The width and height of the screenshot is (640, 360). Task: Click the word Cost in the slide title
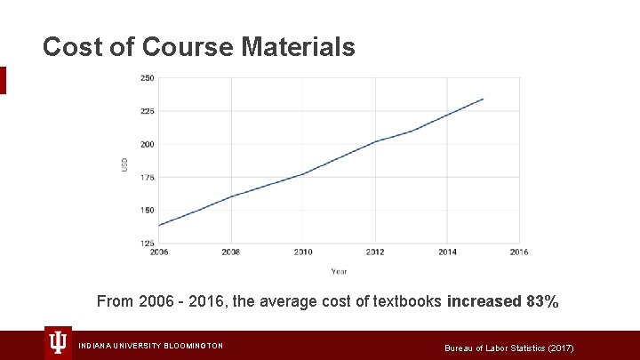point(76,47)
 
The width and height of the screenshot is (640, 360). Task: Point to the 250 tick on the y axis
point(148,78)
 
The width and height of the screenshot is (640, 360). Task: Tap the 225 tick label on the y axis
point(148,111)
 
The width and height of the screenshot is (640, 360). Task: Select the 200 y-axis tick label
point(148,144)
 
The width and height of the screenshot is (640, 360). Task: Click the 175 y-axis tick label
point(148,177)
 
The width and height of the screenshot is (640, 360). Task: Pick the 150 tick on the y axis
point(148,211)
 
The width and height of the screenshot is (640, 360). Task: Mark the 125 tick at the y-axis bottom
point(148,243)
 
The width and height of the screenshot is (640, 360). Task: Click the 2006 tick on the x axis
point(159,252)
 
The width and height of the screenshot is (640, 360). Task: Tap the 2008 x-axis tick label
point(231,252)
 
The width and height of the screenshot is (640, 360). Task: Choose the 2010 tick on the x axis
point(303,252)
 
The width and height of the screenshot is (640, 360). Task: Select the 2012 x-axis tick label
point(375,252)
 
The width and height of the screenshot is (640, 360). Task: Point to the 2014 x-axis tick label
point(447,252)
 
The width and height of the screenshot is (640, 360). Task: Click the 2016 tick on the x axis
point(519,252)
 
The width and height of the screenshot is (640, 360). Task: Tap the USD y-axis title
point(124,164)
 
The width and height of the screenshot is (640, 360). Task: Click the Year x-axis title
point(339,271)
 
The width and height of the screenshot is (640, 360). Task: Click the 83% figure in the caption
point(542,302)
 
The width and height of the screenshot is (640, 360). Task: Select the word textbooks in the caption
point(404,302)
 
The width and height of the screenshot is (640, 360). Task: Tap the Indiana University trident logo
point(59,343)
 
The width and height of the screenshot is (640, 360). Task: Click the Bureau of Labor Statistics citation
point(509,347)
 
